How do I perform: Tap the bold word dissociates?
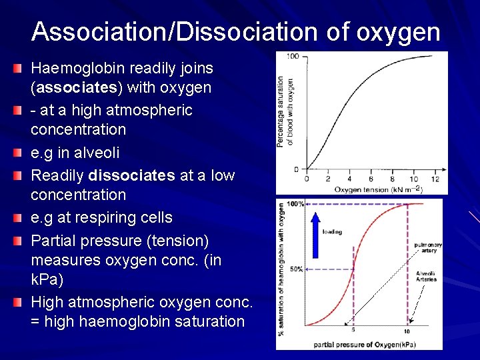point(131,175)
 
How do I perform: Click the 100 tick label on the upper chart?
point(292,57)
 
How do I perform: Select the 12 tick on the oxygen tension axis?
point(435,179)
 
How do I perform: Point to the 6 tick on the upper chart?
point(371,179)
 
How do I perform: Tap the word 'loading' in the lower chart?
point(332,232)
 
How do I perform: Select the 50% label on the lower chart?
point(297,269)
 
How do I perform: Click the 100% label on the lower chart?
point(295,203)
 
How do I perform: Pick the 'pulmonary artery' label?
point(427,248)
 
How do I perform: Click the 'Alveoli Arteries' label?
point(427,277)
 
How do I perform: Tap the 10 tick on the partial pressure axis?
point(407,331)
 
